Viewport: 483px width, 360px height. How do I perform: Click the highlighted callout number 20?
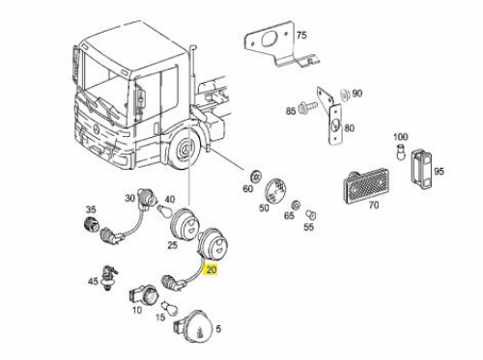click(x=212, y=269)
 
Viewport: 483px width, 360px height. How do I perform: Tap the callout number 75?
click(x=301, y=35)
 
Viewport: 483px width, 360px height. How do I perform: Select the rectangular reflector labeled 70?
click(x=366, y=185)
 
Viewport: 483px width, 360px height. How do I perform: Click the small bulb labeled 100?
click(x=401, y=152)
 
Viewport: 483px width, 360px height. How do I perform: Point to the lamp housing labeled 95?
click(x=421, y=169)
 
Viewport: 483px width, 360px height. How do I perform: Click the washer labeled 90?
click(x=345, y=96)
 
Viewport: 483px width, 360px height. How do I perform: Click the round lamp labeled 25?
click(x=182, y=224)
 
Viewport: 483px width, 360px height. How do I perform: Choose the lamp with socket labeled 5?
click(x=194, y=327)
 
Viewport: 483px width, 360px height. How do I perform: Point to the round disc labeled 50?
click(x=275, y=191)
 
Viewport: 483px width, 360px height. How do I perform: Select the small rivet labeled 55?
click(x=311, y=214)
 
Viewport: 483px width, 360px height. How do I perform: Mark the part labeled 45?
click(x=108, y=277)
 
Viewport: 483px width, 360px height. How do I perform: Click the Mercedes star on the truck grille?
click(x=97, y=128)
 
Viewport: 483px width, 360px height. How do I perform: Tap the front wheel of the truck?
click(x=185, y=149)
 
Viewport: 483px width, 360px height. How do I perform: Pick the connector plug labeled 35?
click(x=92, y=224)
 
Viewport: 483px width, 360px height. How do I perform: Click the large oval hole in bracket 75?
click(x=269, y=40)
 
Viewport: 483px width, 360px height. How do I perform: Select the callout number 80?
click(x=350, y=128)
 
